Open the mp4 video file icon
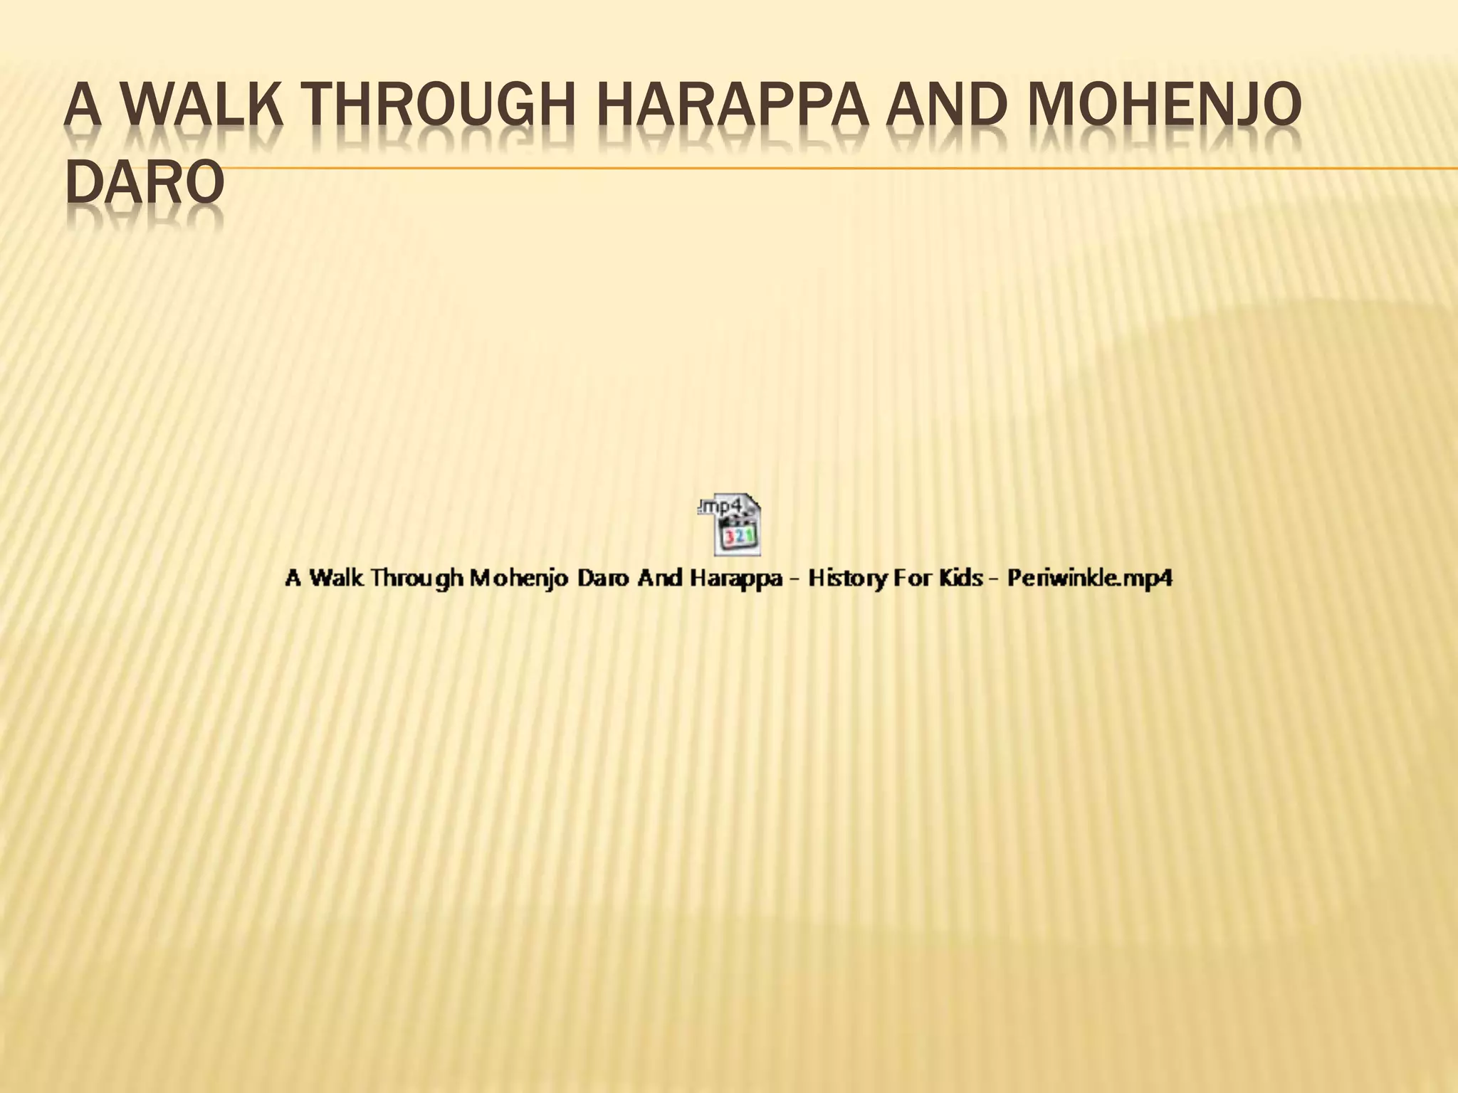tap(729, 527)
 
